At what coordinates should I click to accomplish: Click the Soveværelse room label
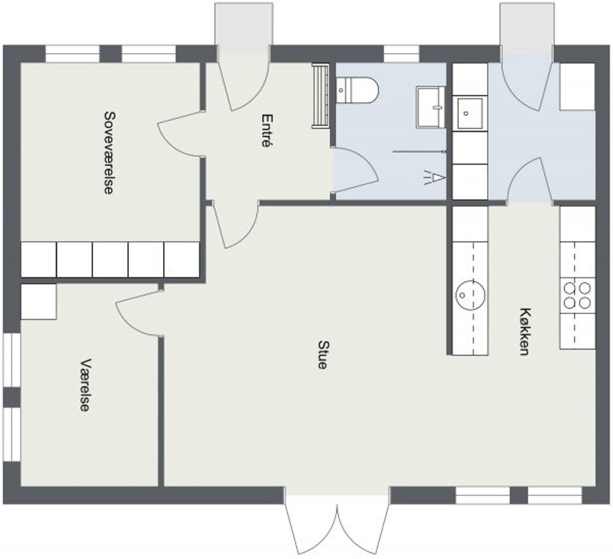(x=109, y=153)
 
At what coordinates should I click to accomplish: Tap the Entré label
(x=266, y=130)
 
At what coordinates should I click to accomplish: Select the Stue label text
(x=323, y=355)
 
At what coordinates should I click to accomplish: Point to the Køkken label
(x=525, y=331)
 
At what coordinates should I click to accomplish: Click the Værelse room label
(x=85, y=385)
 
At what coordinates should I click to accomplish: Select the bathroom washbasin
(x=430, y=107)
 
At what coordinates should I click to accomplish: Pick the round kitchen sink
(x=470, y=295)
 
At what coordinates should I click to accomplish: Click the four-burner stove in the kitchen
(x=577, y=296)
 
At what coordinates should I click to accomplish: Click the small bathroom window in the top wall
(x=401, y=54)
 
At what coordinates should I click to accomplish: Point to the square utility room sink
(x=470, y=113)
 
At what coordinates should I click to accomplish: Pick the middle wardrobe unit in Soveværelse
(x=110, y=260)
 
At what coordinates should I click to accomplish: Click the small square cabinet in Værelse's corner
(x=38, y=302)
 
